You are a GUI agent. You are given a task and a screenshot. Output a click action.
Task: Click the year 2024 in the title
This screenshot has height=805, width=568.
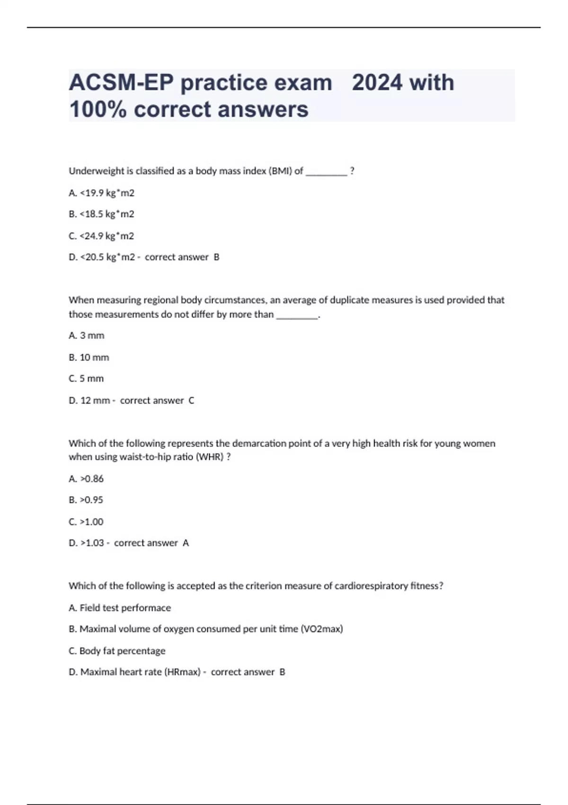tap(376, 82)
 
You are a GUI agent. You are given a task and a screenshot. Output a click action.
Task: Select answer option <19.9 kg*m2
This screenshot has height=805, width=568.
tap(102, 193)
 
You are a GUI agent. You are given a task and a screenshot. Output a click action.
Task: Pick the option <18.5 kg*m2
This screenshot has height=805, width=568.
tap(102, 214)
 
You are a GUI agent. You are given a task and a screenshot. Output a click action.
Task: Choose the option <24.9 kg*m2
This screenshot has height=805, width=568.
tap(102, 236)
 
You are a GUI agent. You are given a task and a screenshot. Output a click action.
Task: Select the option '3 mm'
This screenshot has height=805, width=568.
tap(87, 335)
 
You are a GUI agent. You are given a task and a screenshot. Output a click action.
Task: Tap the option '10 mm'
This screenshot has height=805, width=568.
tap(89, 357)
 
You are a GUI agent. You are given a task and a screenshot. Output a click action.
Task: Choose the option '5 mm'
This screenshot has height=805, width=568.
tap(87, 378)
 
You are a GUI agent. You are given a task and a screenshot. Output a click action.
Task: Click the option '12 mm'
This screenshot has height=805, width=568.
tap(90, 400)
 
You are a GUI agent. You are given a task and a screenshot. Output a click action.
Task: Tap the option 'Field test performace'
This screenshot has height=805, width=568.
tap(120, 608)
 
